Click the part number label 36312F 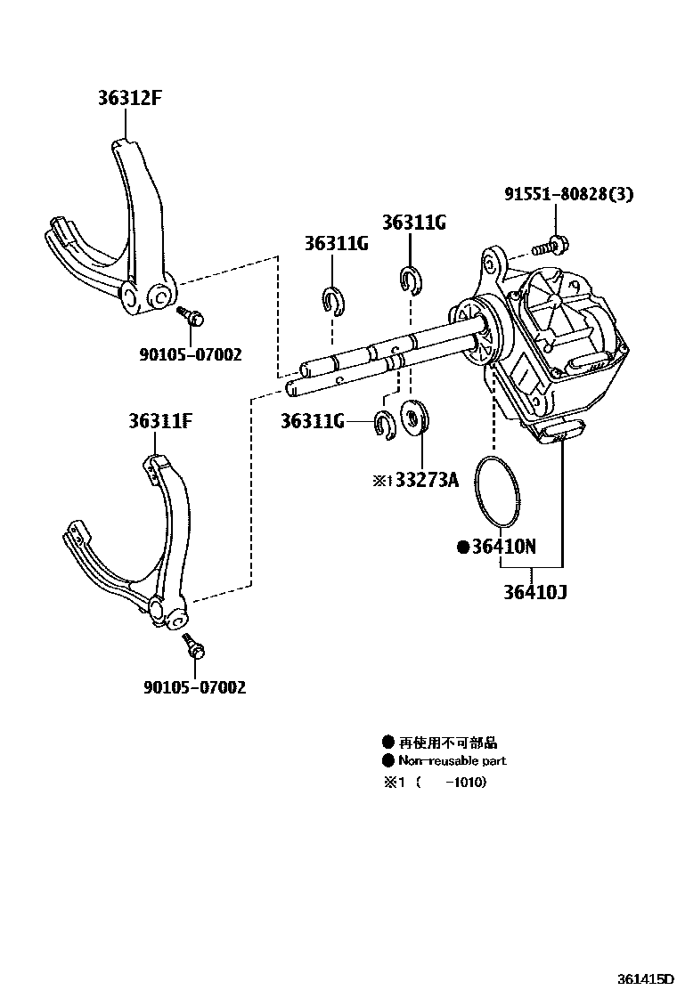129,98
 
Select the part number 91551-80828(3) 567,194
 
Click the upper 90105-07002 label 190,354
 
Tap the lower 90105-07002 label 194,687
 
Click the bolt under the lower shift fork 193,646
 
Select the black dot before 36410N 463,548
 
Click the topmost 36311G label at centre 413,222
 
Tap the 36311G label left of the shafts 312,421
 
